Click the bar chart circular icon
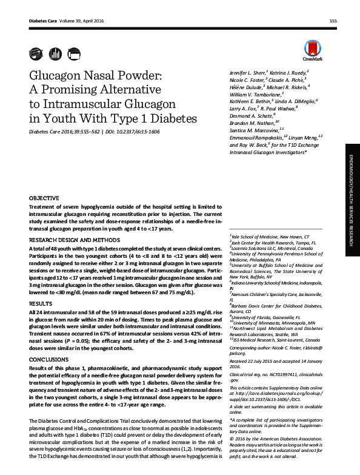55,53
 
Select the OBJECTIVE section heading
44,198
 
